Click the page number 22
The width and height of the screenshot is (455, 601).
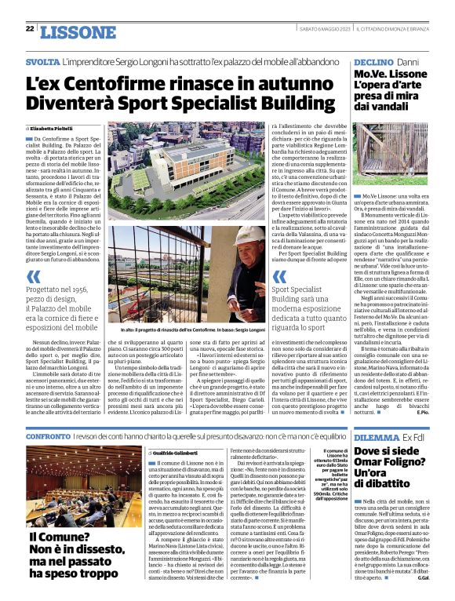(30, 29)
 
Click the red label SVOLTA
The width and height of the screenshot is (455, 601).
(41, 60)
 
